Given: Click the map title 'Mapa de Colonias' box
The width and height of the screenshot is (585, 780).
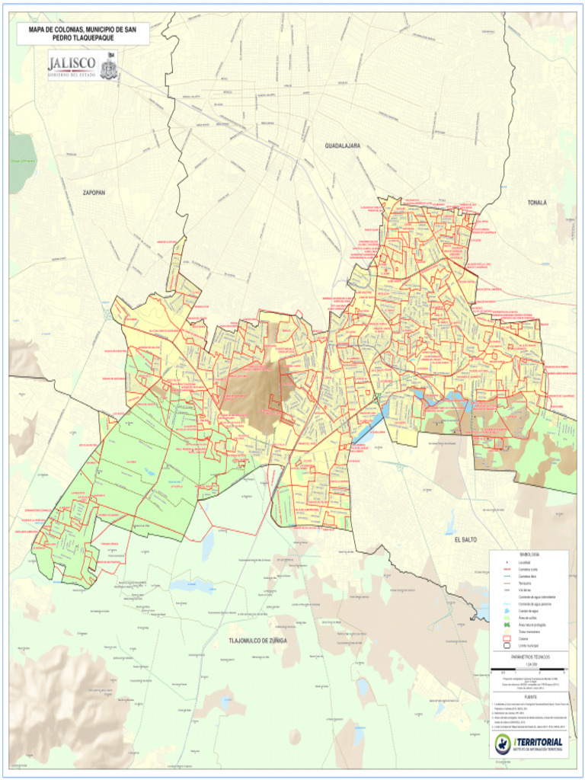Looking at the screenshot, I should [x=78, y=33].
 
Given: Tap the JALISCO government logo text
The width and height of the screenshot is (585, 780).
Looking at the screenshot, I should [x=72, y=63].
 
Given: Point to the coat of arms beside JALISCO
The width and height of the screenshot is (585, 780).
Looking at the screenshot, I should [x=109, y=66].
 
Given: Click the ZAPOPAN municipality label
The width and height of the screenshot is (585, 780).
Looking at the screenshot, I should [x=94, y=193].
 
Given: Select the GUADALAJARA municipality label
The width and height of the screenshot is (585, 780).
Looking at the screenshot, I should [x=342, y=145].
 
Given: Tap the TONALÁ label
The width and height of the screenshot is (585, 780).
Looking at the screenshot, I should [x=537, y=203].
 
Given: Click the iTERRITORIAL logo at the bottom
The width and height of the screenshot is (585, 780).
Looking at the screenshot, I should [x=529, y=744].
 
